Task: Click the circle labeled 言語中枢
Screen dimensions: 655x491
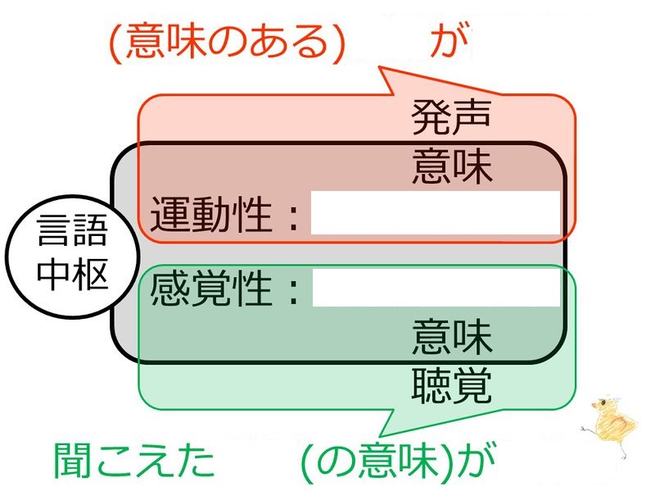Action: (72, 257)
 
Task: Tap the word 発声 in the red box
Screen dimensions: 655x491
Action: (451, 117)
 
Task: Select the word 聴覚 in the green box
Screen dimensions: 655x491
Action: (451, 384)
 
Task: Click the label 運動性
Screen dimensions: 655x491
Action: (211, 215)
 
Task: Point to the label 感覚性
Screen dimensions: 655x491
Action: (211, 289)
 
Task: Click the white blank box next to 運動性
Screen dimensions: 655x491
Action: (436, 212)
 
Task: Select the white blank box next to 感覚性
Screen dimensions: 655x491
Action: (436, 288)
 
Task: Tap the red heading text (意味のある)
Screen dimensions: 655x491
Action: (228, 43)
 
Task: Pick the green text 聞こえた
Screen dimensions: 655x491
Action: (133, 460)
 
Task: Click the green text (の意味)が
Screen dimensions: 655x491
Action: (398, 461)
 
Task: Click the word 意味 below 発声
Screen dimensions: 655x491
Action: (452, 166)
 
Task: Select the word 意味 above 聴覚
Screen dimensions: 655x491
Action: (452, 336)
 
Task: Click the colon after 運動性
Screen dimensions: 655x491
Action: (294, 217)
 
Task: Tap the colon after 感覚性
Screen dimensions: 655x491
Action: (294, 291)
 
